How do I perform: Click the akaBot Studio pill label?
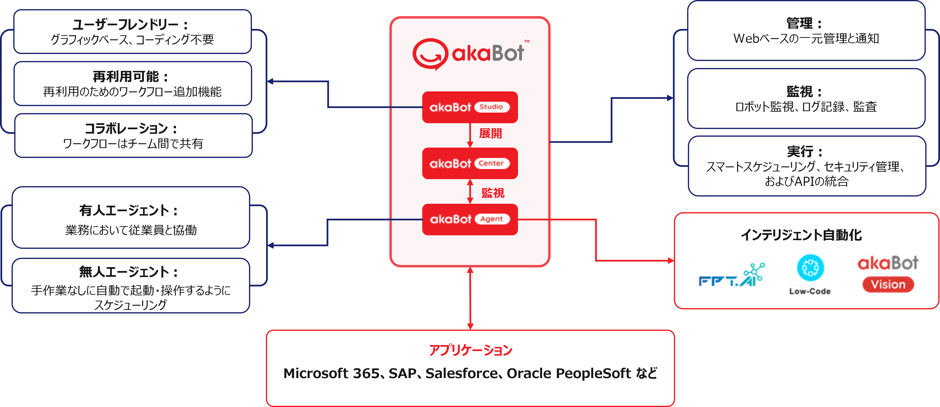(491, 107)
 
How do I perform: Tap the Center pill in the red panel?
(491, 163)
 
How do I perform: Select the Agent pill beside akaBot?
(491, 219)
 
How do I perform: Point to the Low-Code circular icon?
(810, 268)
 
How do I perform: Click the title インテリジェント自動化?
(801, 235)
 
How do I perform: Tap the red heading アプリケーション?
(470, 350)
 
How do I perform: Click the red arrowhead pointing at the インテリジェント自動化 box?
(671, 261)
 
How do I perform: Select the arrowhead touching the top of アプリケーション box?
(470, 326)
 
